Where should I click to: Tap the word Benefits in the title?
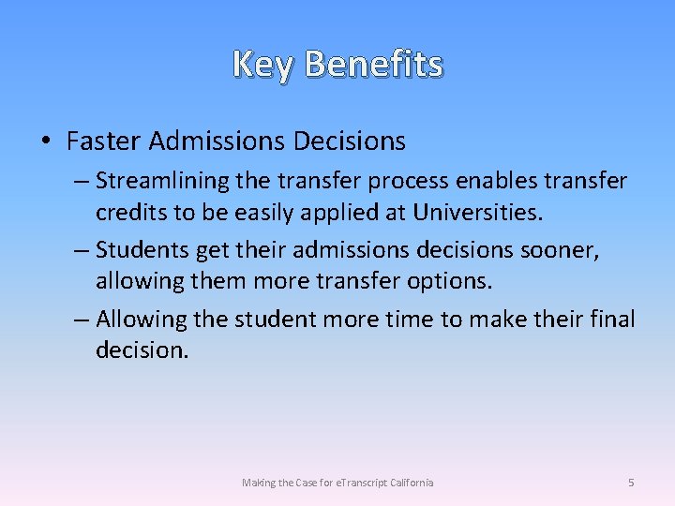[x=373, y=65]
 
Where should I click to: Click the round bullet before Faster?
[x=46, y=141]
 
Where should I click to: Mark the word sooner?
[x=560, y=250]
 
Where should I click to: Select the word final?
[x=613, y=320]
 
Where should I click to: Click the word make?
[x=500, y=320]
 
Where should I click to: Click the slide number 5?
[x=631, y=483]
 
